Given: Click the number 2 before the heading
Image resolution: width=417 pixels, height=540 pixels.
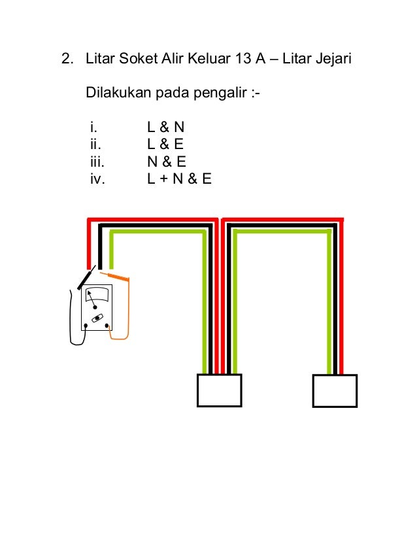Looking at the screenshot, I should (x=65, y=61).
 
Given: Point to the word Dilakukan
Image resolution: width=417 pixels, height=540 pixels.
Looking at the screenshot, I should (x=117, y=93).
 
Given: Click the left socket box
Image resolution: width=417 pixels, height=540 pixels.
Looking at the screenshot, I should (x=219, y=390).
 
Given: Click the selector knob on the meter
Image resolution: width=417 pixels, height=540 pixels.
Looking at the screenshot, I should (x=96, y=319).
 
